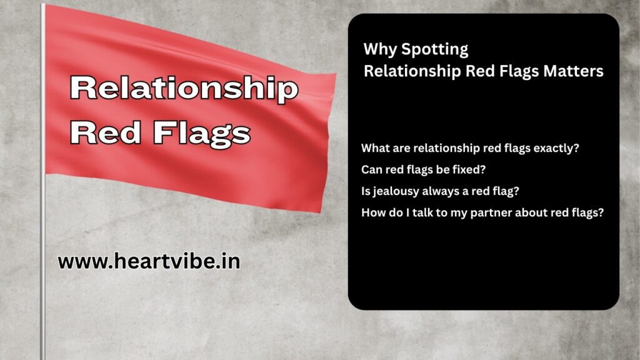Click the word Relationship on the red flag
[x=184, y=89]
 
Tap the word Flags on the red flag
[x=202, y=133]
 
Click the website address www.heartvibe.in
[x=149, y=261]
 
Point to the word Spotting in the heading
[x=435, y=49]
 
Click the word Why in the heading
[x=380, y=49]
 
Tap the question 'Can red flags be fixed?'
[x=423, y=169]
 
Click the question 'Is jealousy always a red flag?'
[x=440, y=191]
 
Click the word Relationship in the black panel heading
[x=412, y=71]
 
